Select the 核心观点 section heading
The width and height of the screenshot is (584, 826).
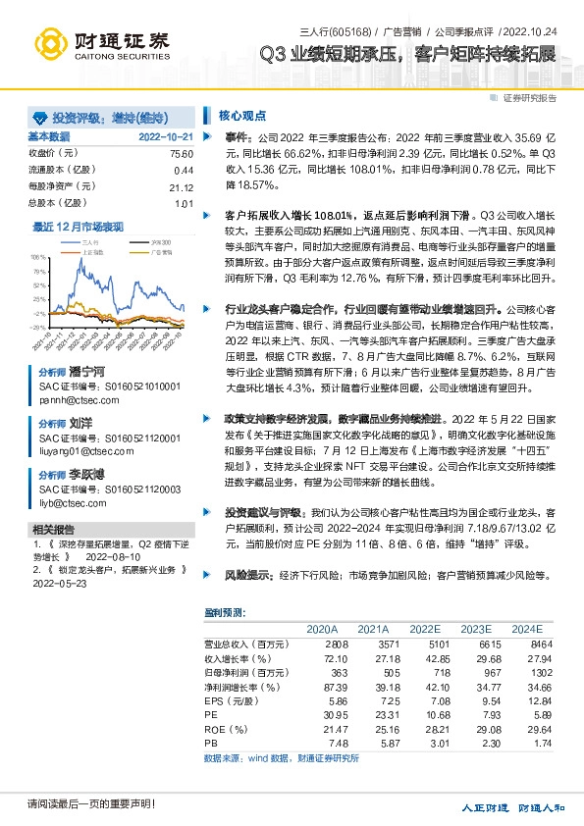pos(235,115)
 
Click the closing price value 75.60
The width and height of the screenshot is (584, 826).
pos(182,154)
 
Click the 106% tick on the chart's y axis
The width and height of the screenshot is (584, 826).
pos(37,253)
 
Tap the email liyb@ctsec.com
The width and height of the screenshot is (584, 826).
pos(72,503)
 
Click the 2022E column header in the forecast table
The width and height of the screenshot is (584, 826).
pos(424,628)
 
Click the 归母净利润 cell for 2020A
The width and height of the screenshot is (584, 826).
pos(323,673)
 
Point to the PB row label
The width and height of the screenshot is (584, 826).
pos(211,745)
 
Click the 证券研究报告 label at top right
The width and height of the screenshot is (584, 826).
pos(530,98)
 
